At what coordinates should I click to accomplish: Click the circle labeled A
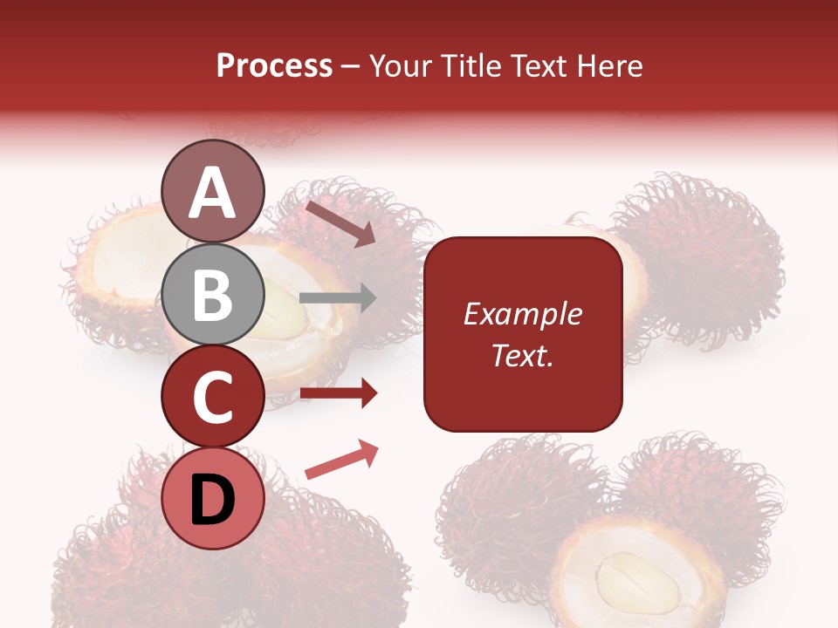click(x=213, y=191)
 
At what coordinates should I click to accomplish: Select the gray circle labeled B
click(x=213, y=294)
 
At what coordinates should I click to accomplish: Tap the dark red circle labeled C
click(x=213, y=397)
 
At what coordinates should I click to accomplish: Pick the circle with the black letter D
click(x=213, y=499)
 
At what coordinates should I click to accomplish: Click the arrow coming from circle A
click(x=340, y=223)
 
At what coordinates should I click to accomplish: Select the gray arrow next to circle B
click(x=338, y=298)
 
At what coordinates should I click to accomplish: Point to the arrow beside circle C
click(x=338, y=393)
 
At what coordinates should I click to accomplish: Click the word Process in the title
click(x=274, y=65)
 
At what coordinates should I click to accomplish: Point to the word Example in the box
click(x=522, y=314)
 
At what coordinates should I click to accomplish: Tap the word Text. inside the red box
click(x=522, y=355)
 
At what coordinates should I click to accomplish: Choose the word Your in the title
click(x=400, y=65)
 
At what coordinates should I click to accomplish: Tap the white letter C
click(x=213, y=397)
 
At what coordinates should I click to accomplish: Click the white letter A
click(x=213, y=192)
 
